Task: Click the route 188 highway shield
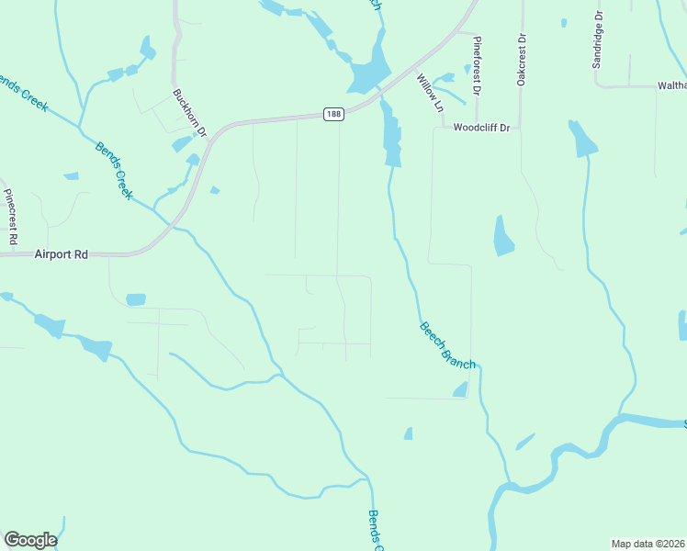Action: point(333,114)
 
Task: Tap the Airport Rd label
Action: point(62,254)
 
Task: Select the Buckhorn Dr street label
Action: point(190,112)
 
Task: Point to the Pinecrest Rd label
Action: point(11,216)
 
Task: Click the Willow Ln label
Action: point(430,93)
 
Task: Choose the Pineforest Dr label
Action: point(476,66)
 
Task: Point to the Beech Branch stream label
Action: point(447,345)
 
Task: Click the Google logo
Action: point(30,540)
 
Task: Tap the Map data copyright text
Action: point(648,544)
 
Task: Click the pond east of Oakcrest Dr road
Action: point(502,236)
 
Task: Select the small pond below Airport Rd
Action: point(136,299)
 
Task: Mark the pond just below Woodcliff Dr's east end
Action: point(582,139)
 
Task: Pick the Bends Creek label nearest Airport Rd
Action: point(114,171)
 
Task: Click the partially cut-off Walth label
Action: point(671,85)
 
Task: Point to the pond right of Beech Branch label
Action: point(460,391)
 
